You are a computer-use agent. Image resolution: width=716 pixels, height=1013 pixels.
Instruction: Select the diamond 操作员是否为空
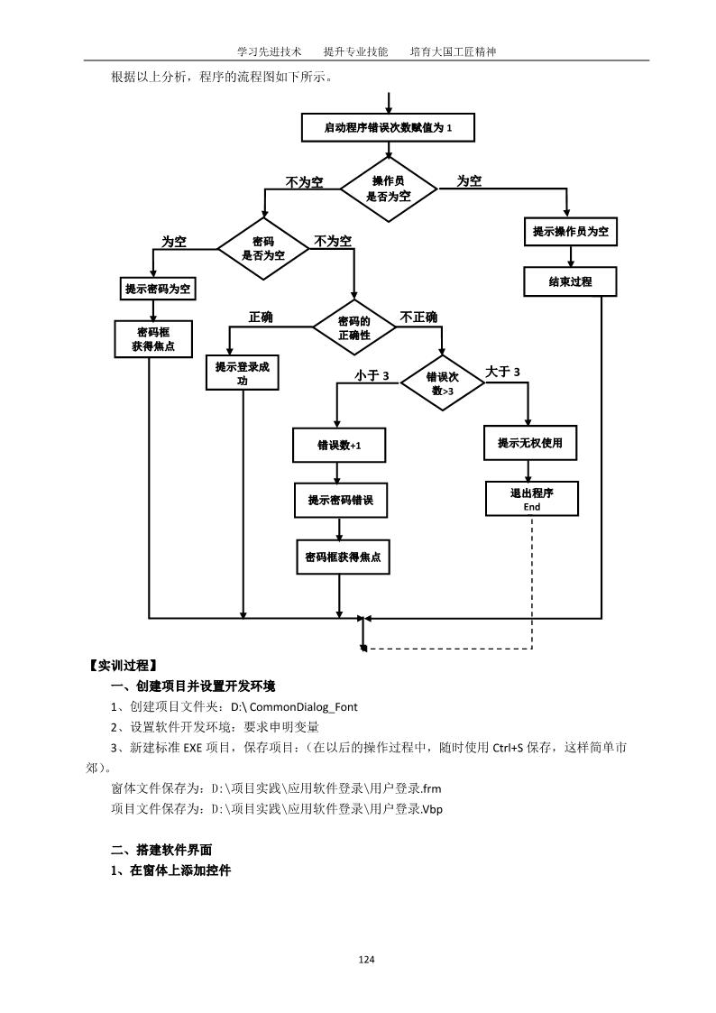tap(388, 188)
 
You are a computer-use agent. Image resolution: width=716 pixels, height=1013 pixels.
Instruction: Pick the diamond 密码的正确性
tap(353, 327)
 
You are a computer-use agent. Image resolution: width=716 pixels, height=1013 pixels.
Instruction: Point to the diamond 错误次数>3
tap(442, 383)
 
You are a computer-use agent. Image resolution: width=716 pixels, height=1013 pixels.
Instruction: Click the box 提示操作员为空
tap(569, 231)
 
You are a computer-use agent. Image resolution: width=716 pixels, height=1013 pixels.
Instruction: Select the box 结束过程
tap(570, 281)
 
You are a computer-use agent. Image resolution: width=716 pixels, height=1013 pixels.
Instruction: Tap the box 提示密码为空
tap(159, 289)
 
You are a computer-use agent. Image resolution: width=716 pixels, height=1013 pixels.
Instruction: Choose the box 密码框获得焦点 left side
tap(153, 338)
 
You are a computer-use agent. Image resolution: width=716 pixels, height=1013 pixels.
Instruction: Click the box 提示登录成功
tap(243, 373)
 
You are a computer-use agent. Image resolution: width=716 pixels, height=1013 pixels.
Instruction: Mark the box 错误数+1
tap(338, 445)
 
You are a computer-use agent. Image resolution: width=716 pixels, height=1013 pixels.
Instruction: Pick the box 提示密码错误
tap(340, 500)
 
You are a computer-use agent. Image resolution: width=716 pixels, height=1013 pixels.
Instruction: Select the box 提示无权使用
tap(530, 442)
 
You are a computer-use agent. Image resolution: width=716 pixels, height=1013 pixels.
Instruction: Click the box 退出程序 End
tap(531, 499)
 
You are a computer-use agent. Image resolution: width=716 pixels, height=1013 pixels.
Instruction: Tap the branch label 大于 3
tap(502, 372)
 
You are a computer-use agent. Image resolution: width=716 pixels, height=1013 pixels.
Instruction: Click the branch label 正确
tap(261, 318)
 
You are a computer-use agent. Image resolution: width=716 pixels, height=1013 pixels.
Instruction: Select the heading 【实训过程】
tap(123, 667)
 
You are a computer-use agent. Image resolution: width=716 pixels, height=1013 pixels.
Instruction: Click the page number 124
tap(366, 959)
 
